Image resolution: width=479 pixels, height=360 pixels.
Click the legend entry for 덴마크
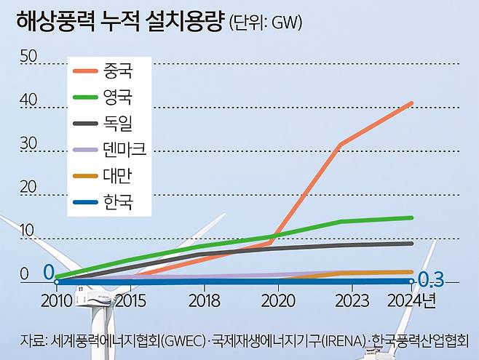[x=124, y=149]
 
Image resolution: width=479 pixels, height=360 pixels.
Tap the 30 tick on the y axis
[x=28, y=143]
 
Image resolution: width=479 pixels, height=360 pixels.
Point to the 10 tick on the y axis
[x=28, y=231]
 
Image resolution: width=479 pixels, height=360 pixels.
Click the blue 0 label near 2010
[x=48, y=272]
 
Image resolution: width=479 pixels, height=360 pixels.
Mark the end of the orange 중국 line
[x=412, y=103]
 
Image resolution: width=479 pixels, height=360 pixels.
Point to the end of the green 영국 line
[x=412, y=217]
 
